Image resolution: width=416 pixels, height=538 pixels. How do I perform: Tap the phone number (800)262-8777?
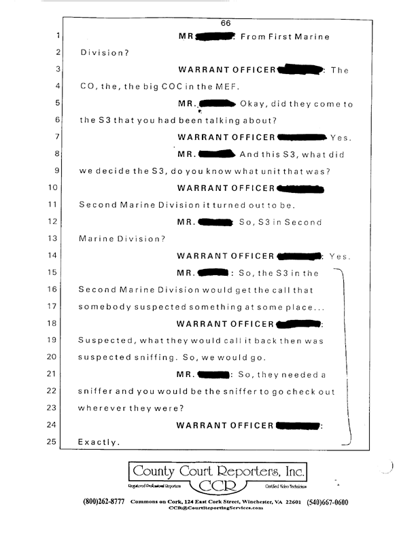point(103,502)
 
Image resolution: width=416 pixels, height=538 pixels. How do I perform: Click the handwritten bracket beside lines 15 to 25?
point(349,353)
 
